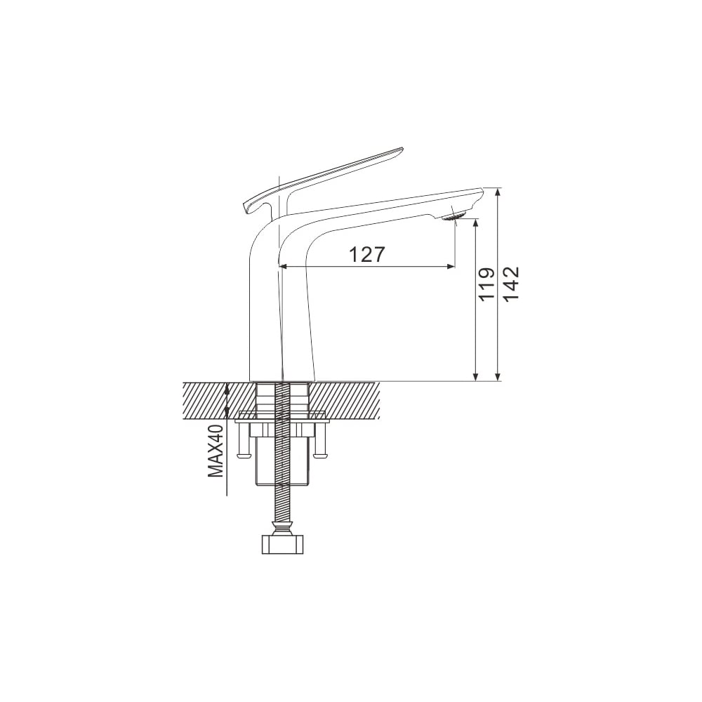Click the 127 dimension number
point(366,255)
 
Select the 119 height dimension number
point(486,285)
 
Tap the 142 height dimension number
point(511,284)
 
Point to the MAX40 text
point(216,451)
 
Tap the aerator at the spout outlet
point(453,217)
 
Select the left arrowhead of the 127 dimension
point(283,266)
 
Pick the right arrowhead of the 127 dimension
point(451,266)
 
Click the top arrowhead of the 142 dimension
point(498,192)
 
